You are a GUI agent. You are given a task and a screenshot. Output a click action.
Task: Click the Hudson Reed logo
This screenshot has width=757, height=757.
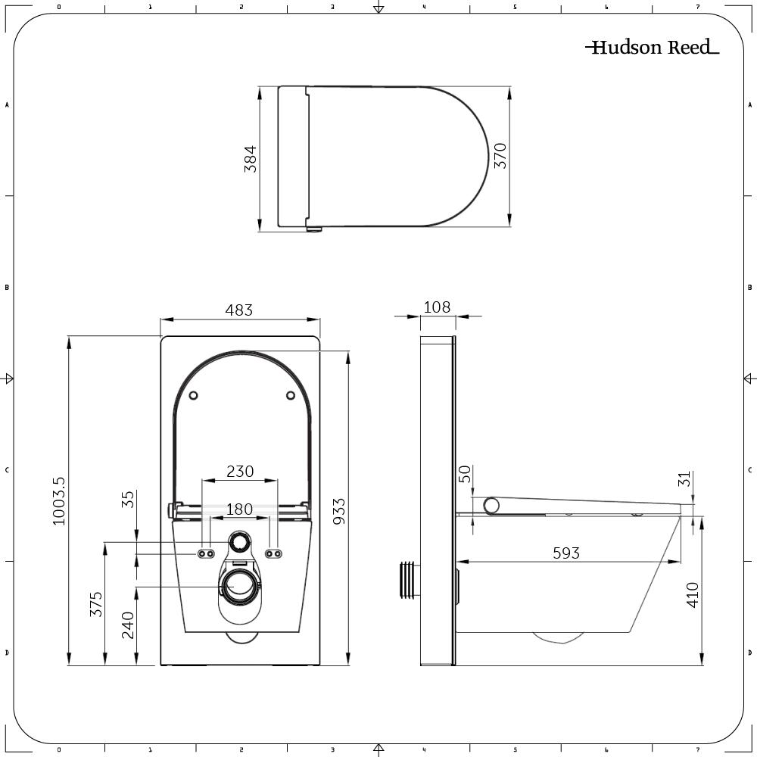coord(652,48)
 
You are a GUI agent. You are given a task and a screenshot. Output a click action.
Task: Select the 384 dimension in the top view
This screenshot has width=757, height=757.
coord(251,159)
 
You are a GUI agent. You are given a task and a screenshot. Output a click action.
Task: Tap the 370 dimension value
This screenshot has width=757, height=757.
coord(500,155)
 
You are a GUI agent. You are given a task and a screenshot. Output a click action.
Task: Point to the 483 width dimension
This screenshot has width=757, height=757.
coord(239,310)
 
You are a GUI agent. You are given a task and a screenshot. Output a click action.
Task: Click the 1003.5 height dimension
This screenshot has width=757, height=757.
coord(59,501)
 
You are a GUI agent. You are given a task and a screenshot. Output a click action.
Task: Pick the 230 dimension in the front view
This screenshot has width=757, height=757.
coord(240,471)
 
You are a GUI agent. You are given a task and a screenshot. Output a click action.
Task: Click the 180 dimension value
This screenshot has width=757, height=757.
coord(240,509)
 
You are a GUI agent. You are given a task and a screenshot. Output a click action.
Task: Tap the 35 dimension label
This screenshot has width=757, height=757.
coord(128,500)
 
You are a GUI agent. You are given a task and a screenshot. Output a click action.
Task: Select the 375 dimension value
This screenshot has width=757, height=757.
coord(96,603)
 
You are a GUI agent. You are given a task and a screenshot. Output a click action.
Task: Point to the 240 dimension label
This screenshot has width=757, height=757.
coord(128,625)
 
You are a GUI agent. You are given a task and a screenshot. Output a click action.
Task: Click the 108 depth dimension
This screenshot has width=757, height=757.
coord(437,307)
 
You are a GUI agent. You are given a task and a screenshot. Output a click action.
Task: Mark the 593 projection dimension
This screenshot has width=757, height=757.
coord(565,553)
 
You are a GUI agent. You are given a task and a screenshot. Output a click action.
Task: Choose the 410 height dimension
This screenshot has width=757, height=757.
coord(692,595)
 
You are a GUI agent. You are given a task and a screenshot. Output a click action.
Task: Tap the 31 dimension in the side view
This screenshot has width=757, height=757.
coord(684,480)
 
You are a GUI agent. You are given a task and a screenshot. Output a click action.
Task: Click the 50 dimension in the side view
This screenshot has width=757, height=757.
coord(466,474)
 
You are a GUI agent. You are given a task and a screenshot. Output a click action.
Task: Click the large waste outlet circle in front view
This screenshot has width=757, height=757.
coord(241,584)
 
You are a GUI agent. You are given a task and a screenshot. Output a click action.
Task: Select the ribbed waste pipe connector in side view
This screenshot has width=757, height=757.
coord(409,580)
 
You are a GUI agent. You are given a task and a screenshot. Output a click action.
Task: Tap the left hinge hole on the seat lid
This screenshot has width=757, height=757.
coord(193,395)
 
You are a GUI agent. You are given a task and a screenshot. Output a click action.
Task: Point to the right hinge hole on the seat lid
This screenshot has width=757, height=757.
coord(291,395)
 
